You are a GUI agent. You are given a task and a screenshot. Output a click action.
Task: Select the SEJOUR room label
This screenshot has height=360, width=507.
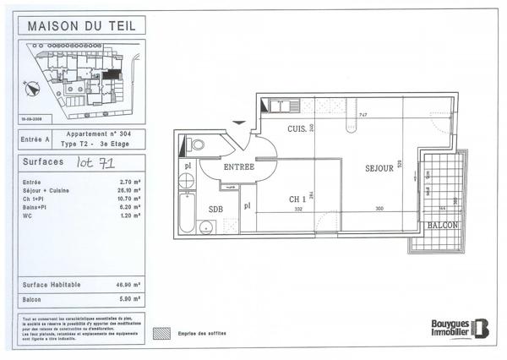pyautogui.click(x=379, y=168)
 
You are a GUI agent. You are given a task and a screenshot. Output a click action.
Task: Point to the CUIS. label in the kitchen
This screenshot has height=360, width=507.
pyautogui.click(x=296, y=129)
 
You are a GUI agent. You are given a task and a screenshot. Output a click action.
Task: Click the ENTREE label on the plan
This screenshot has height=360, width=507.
pyautogui.click(x=238, y=166)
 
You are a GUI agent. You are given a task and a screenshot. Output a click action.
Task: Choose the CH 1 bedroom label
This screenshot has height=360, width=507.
pyautogui.click(x=297, y=199)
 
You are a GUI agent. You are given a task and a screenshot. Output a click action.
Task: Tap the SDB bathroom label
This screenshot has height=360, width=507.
pyautogui.click(x=216, y=208)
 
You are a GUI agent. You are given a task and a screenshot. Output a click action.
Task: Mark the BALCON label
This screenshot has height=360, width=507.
pyautogui.click(x=443, y=226)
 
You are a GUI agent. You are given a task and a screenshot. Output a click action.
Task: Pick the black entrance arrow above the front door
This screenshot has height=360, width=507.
pyautogui.click(x=239, y=124)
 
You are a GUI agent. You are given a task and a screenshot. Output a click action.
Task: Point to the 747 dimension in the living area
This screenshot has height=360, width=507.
pyautogui.click(x=362, y=115)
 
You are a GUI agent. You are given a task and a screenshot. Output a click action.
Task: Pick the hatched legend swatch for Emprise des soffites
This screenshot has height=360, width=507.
pyautogui.click(x=161, y=333)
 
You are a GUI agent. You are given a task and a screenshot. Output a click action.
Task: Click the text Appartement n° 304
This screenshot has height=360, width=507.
pyautogui.click(x=100, y=134)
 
